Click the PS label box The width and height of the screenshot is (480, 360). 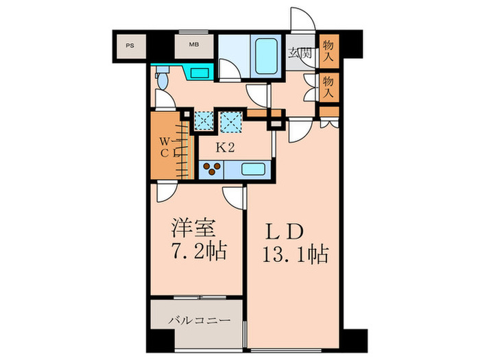point(129,47)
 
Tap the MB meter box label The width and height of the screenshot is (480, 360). point(194,47)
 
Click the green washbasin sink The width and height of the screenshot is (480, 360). point(200,73)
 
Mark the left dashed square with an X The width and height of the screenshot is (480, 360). point(204,120)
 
